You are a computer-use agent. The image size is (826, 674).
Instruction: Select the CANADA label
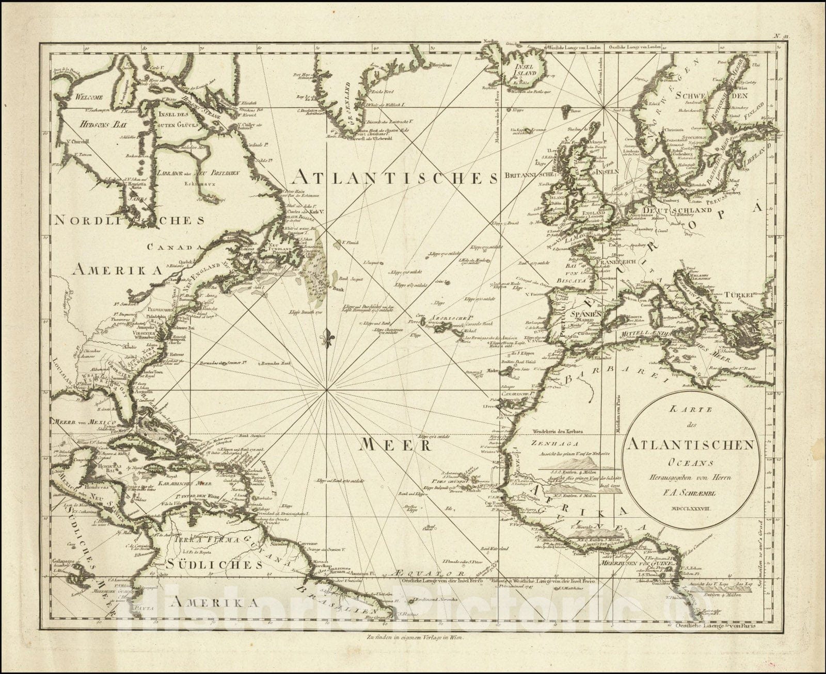click(x=173, y=247)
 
